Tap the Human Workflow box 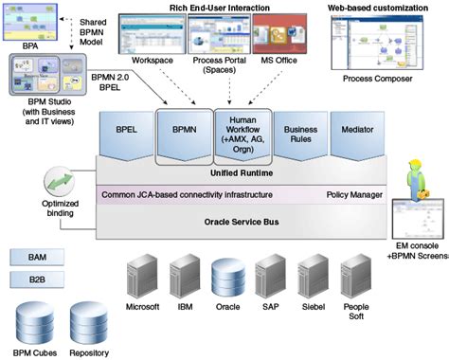242,135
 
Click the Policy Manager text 354,195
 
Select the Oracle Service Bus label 242,223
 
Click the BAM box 34,256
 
